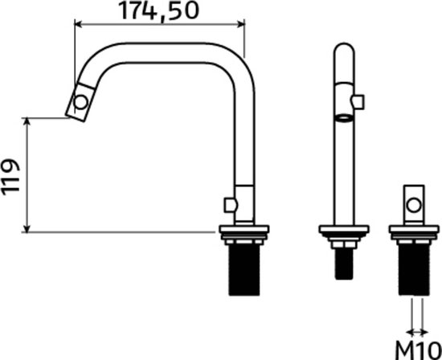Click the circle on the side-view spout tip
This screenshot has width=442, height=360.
coord(80,102)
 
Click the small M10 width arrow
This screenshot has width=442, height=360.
coord(415,329)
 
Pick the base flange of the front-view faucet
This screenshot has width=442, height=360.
coord(343,234)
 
